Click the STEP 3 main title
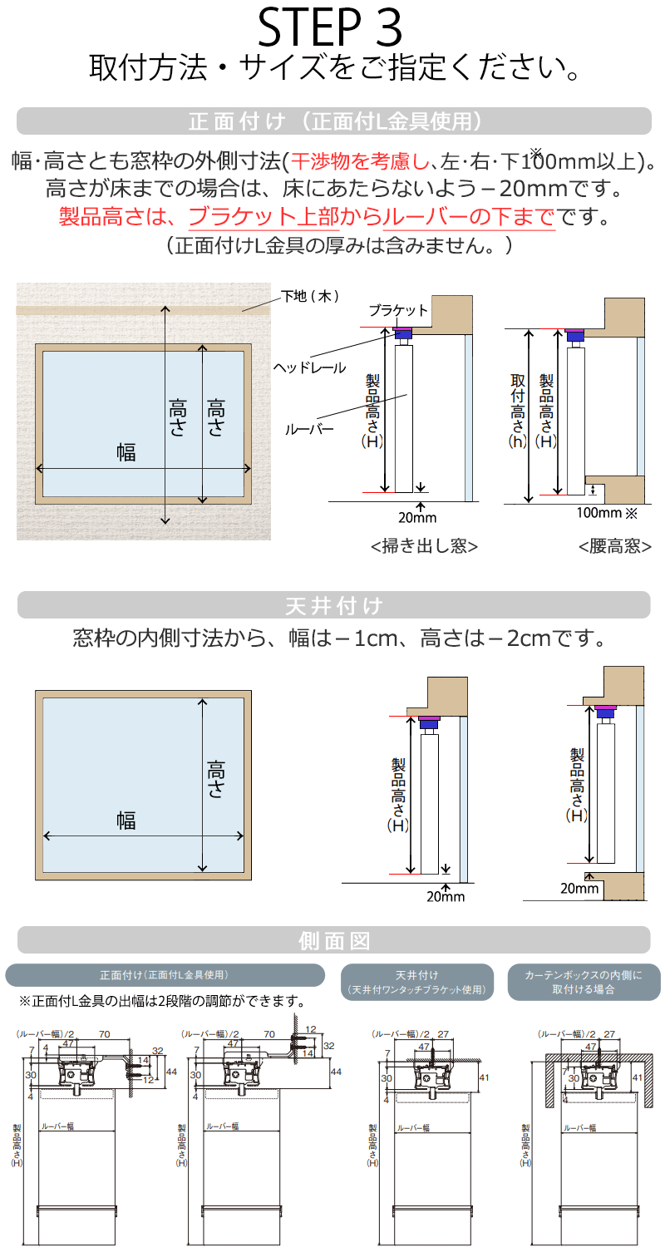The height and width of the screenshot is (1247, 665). tap(331, 27)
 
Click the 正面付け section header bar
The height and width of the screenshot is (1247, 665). tap(333, 121)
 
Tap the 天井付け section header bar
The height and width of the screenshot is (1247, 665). tap(333, 605)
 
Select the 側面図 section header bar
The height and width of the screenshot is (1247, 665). tap(333, 940)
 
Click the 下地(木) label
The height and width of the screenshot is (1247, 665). tap(309, 296)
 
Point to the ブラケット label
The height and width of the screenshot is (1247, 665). tap(398, 310)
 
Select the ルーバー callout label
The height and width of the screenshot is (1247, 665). tap(309, 430)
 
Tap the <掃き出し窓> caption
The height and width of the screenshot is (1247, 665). tap(424, 546)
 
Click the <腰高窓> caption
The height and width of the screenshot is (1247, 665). tap(614, 546)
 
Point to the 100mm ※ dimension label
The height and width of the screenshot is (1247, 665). tap(606, 512)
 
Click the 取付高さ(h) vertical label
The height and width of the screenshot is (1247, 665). tap(518, 412)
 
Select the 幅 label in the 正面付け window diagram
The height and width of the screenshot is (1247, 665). tap(126, 452)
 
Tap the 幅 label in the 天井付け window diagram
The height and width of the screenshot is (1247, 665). tap(126, 821)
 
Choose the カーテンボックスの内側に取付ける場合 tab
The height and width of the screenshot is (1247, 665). tap(584, 982)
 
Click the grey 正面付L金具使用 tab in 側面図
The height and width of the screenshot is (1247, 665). tap(165, 975)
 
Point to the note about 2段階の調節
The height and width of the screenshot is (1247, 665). tap(161, 1001)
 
